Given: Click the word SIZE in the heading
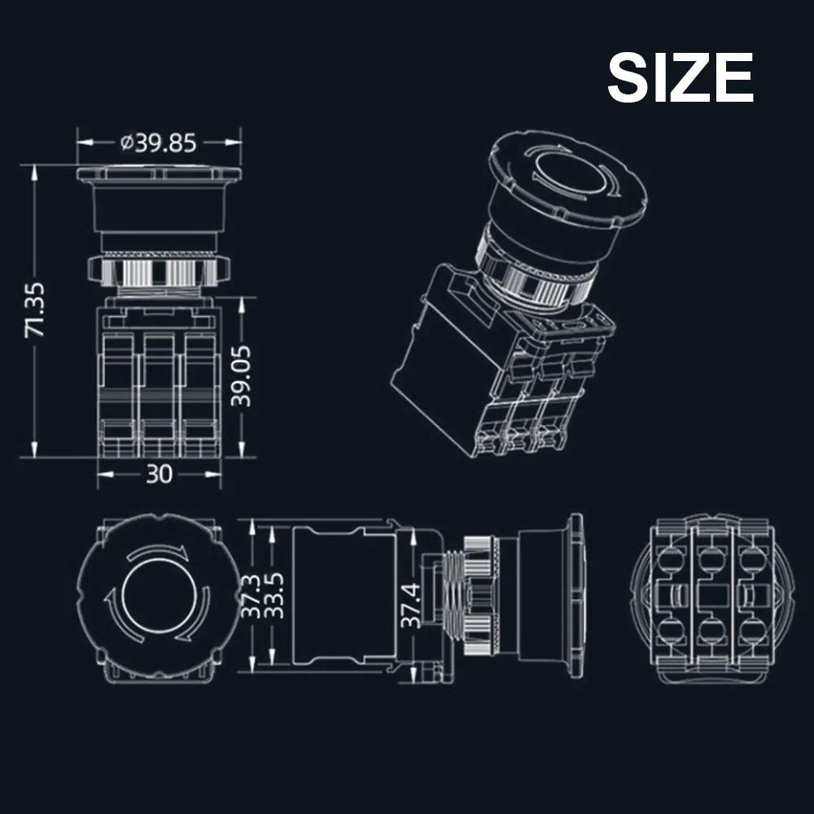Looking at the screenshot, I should (x=680, y=78).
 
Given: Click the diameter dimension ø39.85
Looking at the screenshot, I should (x=159, y=143).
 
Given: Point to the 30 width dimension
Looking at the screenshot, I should (x=160, y=474).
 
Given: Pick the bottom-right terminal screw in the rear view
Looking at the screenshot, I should (x=749, y=630).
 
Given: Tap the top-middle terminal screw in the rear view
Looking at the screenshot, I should (x=711, y=559).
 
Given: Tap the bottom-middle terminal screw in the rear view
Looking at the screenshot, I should (x=711, y=630).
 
